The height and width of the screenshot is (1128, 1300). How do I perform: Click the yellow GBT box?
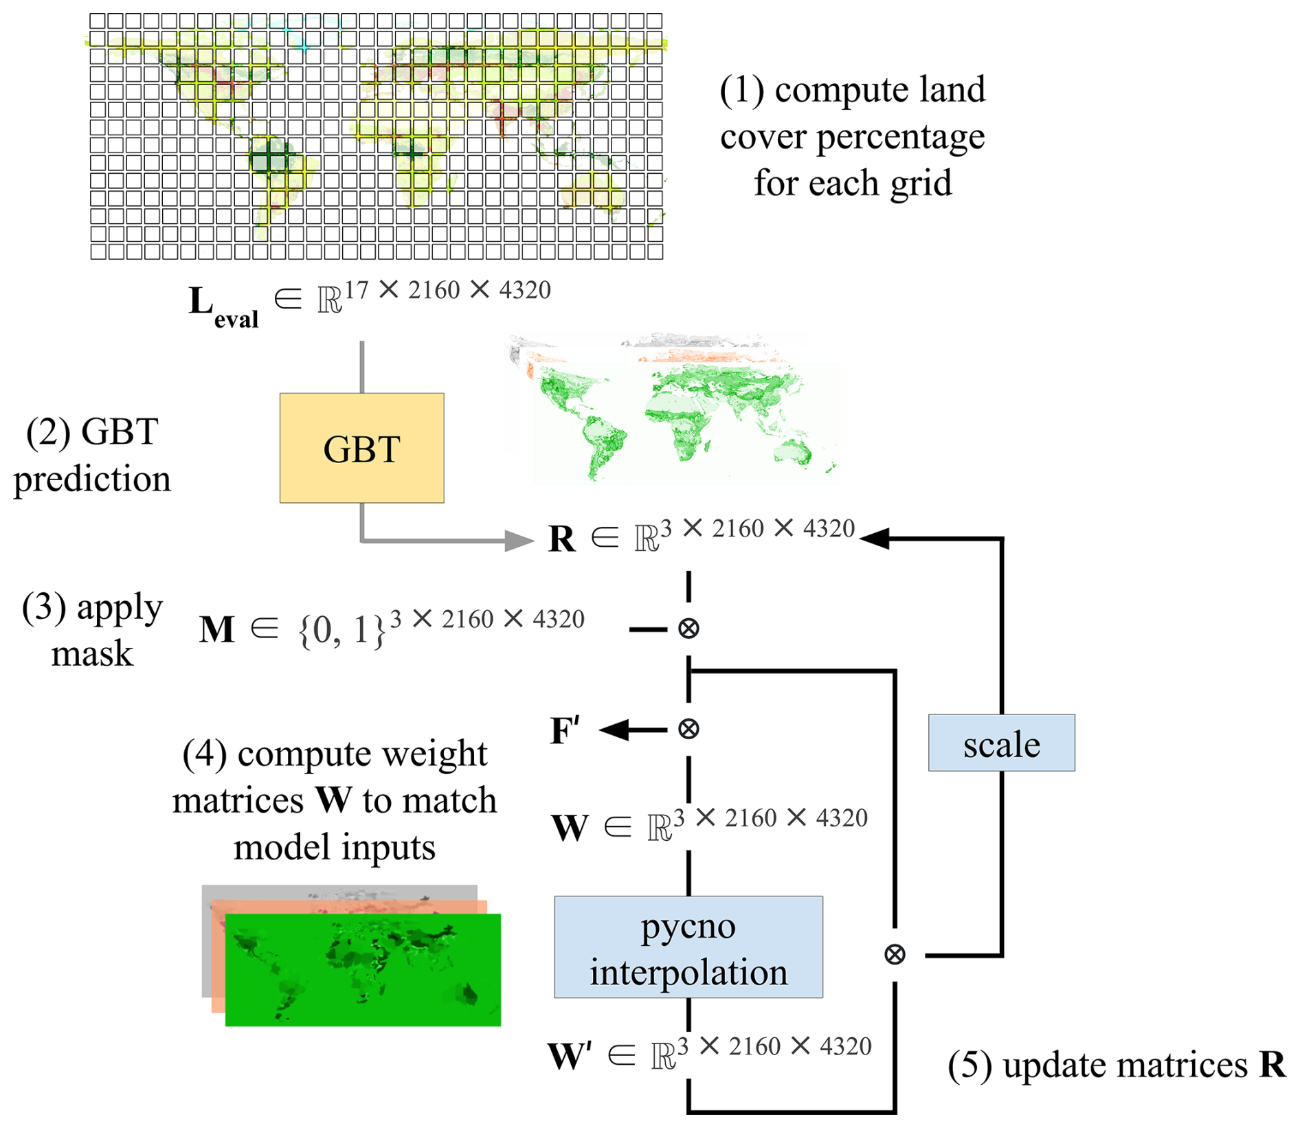pyautogui.click(x=361, y=448)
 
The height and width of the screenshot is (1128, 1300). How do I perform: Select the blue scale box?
pyautogui.click(x=1001, y=743)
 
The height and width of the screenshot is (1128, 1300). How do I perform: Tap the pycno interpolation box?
pyautogui.click(x=688, y=947)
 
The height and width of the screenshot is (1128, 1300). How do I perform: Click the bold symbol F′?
pyautogui.click(x=565, y=730)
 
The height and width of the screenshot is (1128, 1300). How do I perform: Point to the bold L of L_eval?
pyautogui.click(x=201, y=301)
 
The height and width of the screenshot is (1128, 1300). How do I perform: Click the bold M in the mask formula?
pyautogui.click(x=217, y=629)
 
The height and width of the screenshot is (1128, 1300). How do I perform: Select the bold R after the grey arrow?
pyautogui.click(x=561, y=539)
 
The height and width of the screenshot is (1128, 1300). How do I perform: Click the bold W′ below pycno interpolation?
pyautogui.click(x=570, y=1057)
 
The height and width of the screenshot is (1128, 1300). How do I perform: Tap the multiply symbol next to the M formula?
pyautogui.click(x=688, y=629)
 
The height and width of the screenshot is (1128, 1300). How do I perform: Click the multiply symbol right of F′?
pyautogui.click(x=688, y=729)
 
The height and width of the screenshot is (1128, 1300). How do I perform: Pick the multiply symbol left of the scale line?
pyautogui.click(x=895, y=954)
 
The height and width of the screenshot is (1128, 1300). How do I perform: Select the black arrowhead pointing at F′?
pyautogui.click(x=614, y=730)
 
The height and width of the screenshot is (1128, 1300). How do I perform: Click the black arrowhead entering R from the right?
pyautogui.click(x=874, y=539)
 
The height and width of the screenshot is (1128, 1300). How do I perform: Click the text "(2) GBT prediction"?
pyautogui.click(x=92, y=455)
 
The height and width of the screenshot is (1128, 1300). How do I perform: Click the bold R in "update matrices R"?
pyautogui.click(x=1273, y=1065)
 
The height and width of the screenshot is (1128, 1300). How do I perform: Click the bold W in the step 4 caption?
pyautogui.click(x=333, y=800)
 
